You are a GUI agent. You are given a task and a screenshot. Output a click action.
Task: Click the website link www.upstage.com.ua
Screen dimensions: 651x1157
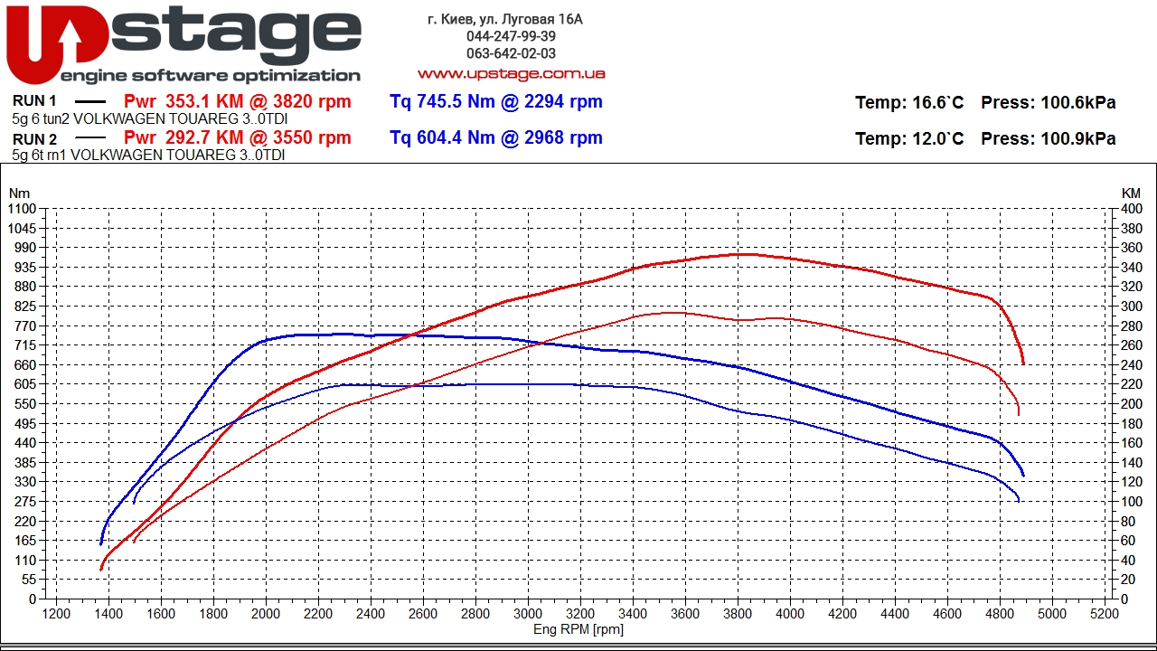coord(511,73)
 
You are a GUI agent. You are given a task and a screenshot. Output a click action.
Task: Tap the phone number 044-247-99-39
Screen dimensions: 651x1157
coord(511,36)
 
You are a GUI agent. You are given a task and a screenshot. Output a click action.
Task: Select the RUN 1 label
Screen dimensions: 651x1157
coord(35,101)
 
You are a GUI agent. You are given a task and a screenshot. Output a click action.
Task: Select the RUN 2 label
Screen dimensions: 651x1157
coord(35,139)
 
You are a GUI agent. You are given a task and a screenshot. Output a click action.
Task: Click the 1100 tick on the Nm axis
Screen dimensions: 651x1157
coord(22,209)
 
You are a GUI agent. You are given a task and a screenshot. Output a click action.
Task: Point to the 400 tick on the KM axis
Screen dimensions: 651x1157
coord(1131,209)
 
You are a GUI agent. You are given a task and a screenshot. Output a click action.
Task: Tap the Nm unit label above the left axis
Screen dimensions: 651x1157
coord(19,193)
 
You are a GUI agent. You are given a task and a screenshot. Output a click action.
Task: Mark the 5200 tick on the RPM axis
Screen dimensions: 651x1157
coord(1105,613)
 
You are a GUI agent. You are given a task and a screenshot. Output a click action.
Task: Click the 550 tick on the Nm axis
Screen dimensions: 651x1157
coord(25,404)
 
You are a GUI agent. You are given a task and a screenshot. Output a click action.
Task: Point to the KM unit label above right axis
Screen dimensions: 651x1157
coord(1131,193)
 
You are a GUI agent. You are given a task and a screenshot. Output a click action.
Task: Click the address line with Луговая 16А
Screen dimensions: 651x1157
coord(505,19)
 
